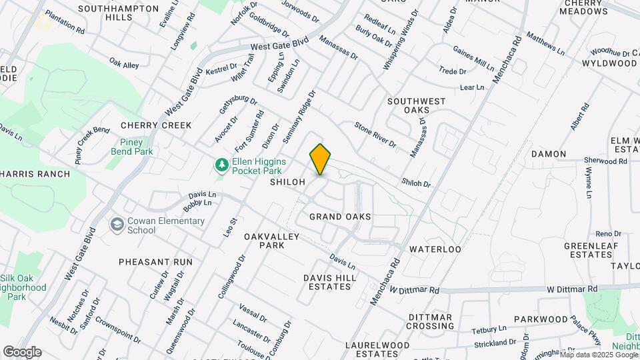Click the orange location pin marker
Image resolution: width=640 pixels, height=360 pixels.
click(320, 159)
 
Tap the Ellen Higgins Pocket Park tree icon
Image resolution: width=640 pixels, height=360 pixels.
click(220, 164)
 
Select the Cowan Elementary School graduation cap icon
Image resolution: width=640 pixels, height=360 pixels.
click(117, 224)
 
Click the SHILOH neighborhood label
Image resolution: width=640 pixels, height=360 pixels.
click(287, 182)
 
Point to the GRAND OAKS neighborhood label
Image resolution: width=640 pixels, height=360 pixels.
click(340, 217)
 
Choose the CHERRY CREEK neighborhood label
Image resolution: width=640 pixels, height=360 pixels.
click(156, 125)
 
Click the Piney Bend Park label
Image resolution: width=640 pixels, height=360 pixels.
click(137, 147)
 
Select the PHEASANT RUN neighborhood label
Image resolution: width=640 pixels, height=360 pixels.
click(155, 262)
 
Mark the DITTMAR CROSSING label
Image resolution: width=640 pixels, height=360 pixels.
click(430, 321)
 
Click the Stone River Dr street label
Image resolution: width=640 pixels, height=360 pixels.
click(375, 135)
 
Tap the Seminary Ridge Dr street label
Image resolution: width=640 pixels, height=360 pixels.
click(297, 117)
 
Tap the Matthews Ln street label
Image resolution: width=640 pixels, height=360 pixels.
click(545, 43)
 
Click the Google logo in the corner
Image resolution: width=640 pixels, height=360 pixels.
click(22, 352)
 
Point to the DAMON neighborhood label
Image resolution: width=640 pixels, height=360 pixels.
click(549, 154)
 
